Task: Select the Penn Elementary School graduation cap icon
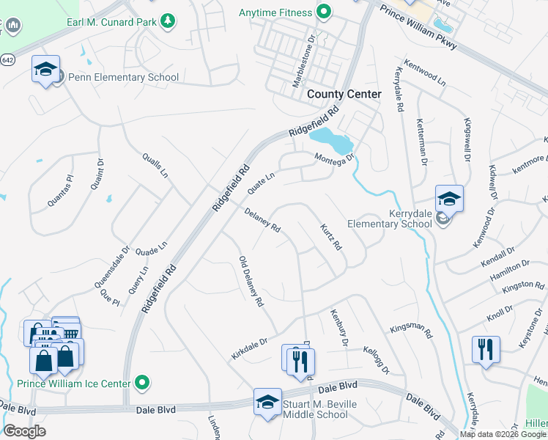click(45, 70)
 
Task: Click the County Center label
click(344, 94)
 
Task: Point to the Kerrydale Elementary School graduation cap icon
click(449, 198)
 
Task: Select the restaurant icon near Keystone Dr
click(486, 350)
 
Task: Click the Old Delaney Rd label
click(251, 282)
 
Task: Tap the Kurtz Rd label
click(331, 238)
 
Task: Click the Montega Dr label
click(335, 158)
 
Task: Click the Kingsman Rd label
click(412, 327)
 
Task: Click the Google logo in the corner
click(24, 431)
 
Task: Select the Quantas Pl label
click(60, 188)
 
